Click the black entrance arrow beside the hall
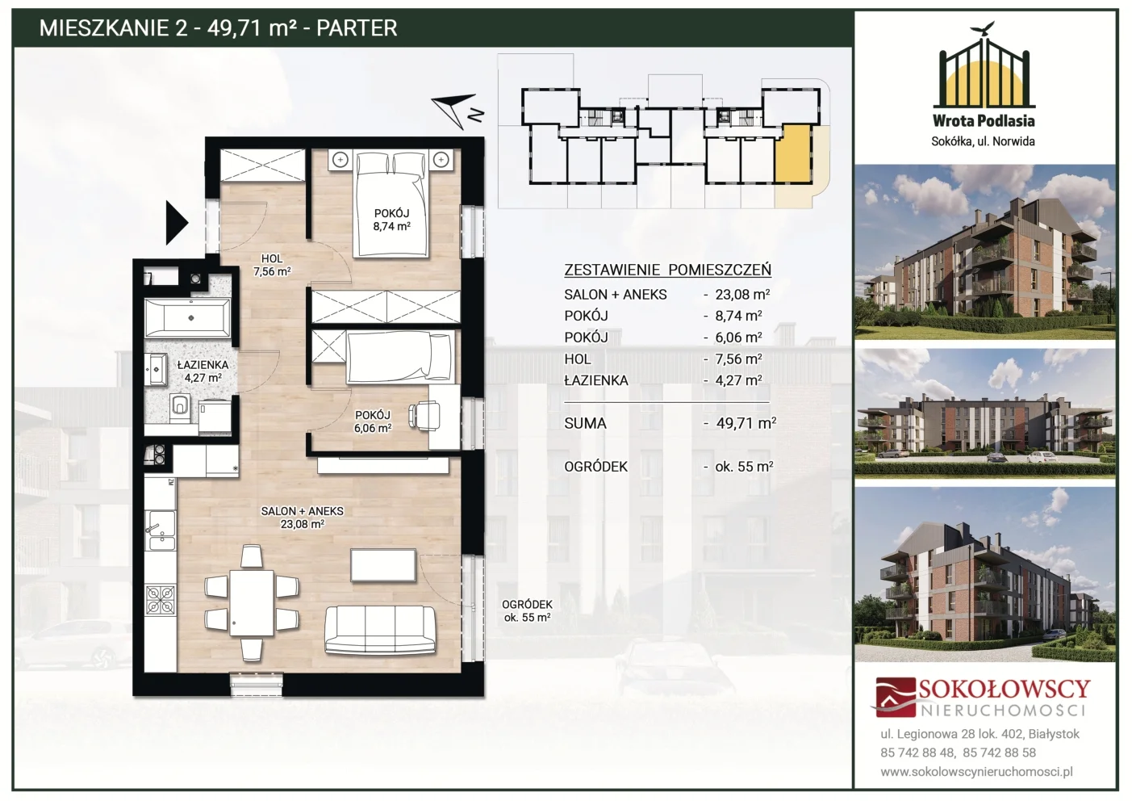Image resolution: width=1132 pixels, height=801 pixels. point(177,223)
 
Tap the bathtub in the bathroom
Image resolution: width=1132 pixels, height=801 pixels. point(187,317)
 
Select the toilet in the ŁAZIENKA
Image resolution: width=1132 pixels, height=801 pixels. point(179,408)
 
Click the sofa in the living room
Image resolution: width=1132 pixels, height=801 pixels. point(380,629)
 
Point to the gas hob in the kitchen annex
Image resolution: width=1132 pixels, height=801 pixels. point(161,600)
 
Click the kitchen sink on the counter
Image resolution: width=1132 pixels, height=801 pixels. point(161,530)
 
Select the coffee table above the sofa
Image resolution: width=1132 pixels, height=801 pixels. point(383,566)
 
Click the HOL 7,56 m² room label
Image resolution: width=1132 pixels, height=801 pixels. point(272,265)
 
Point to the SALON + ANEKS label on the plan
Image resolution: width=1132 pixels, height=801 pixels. point(303,511)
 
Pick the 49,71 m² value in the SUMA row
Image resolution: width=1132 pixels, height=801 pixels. point(746,423)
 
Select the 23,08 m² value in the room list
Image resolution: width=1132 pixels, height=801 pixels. point(742,294)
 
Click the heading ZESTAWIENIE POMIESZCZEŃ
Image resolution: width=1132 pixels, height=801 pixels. point(667,270)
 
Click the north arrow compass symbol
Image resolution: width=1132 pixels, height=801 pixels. point(456,111)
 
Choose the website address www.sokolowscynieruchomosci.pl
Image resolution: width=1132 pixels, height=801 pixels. point(976,772)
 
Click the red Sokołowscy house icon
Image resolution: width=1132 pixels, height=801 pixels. point(895,697)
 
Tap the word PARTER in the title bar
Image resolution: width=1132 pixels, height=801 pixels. point(357,27)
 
